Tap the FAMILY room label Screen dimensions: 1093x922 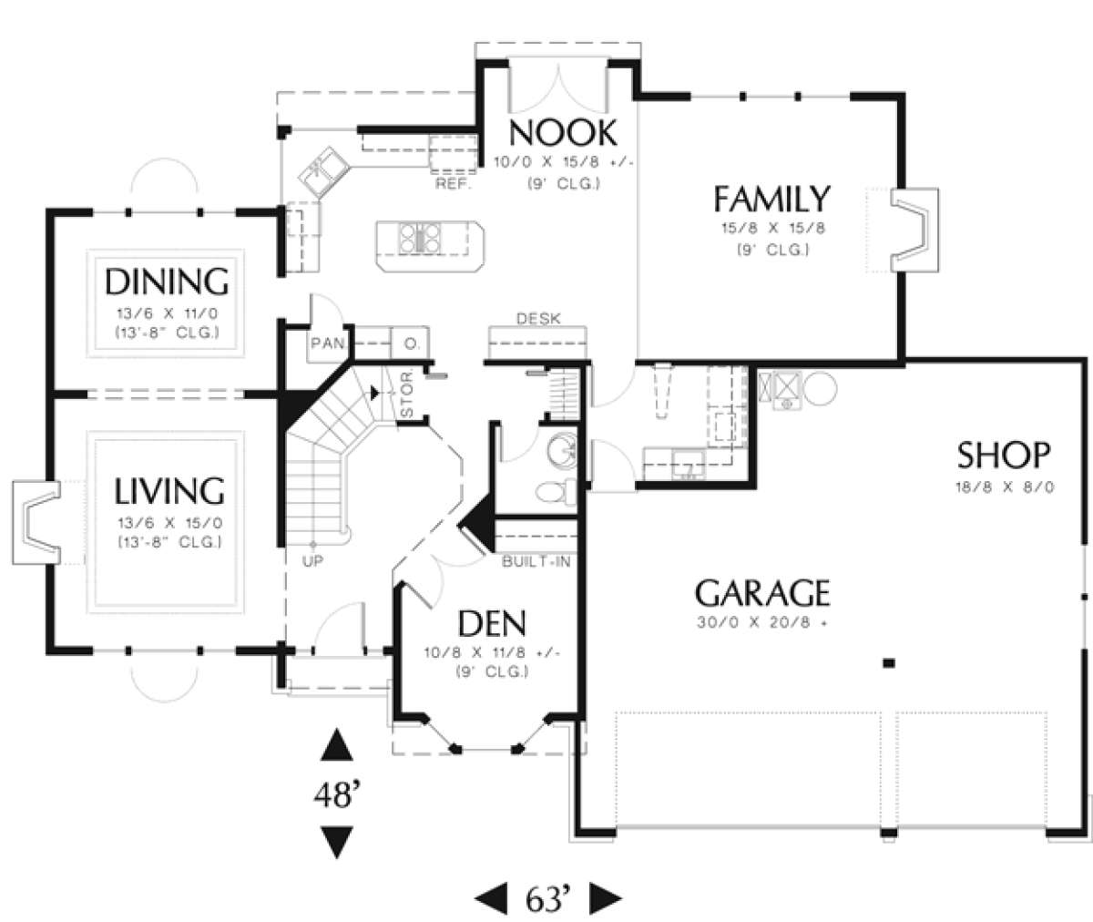(771, 199)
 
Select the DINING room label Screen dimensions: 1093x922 (167, 282)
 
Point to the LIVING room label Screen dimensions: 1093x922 (169, 491)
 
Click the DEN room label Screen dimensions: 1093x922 (492, 623)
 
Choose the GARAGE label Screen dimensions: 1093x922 (762, 593)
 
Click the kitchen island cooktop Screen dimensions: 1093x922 (419, 238)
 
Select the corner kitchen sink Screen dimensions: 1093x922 (324, 171)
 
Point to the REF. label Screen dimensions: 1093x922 (454, 184)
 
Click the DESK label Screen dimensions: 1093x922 (538, 318)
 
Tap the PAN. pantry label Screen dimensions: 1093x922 (328, 343)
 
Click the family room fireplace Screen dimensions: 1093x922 (914, 230)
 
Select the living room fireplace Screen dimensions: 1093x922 (36, 522)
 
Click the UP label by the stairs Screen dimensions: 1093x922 (312, 561)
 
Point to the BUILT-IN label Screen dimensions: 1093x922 (536, 562)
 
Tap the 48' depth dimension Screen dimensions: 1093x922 (337, 794)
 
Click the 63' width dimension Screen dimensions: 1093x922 (547, 898)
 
